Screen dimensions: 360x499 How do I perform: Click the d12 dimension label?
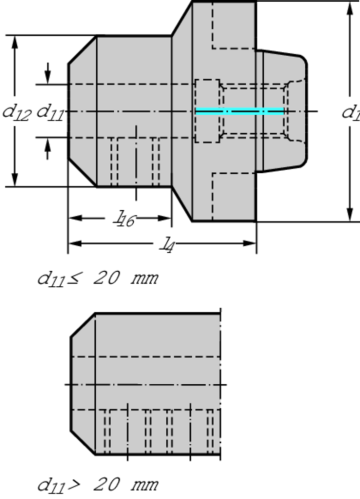point(17,112)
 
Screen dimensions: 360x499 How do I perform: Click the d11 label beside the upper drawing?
point(50,112)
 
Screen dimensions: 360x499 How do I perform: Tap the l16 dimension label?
point(125,219)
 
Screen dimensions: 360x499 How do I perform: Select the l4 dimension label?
point(167,245)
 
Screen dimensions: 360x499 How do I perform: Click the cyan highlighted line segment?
point(240,111)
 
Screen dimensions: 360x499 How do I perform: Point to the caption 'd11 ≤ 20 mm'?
point(98,278)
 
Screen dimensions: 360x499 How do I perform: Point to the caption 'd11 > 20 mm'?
point(98,485)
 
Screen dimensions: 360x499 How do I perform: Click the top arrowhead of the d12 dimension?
point(15,42)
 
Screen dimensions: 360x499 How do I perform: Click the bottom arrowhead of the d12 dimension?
point(15,179)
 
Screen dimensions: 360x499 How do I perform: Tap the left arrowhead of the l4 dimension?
point(75,243)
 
